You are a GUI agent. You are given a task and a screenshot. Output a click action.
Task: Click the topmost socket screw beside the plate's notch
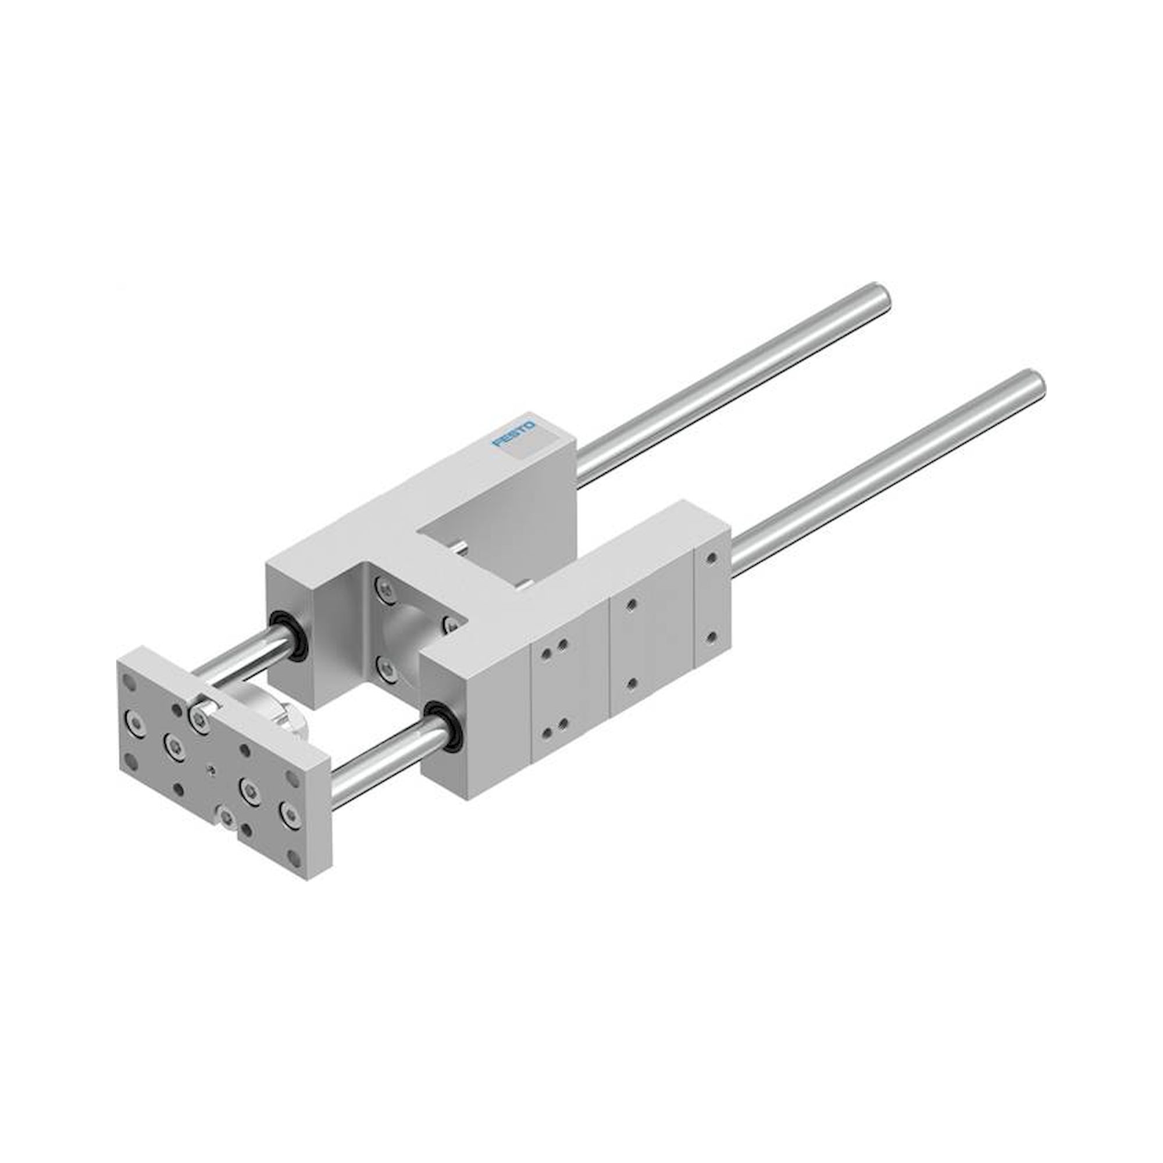pos(198,715)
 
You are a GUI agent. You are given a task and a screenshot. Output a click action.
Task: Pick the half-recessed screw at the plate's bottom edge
pos(226,816)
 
